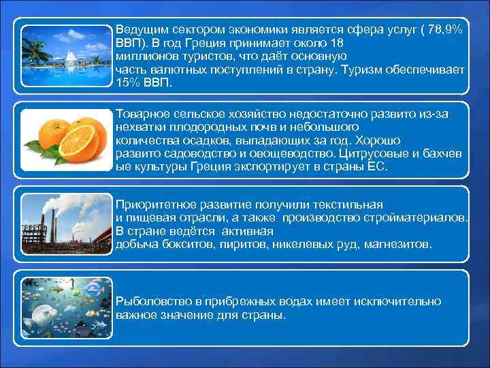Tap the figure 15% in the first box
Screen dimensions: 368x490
129,82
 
